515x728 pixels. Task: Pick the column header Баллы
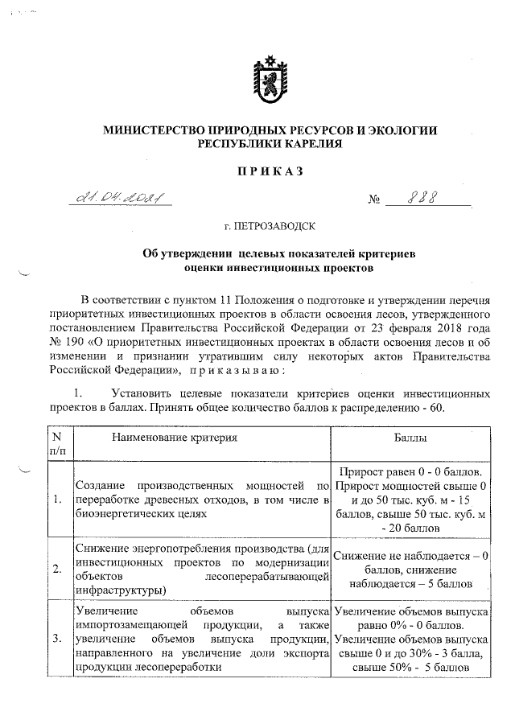pos(410,438)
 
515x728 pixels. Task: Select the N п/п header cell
pos(56,445)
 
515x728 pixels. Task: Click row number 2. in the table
pos(56,569)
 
